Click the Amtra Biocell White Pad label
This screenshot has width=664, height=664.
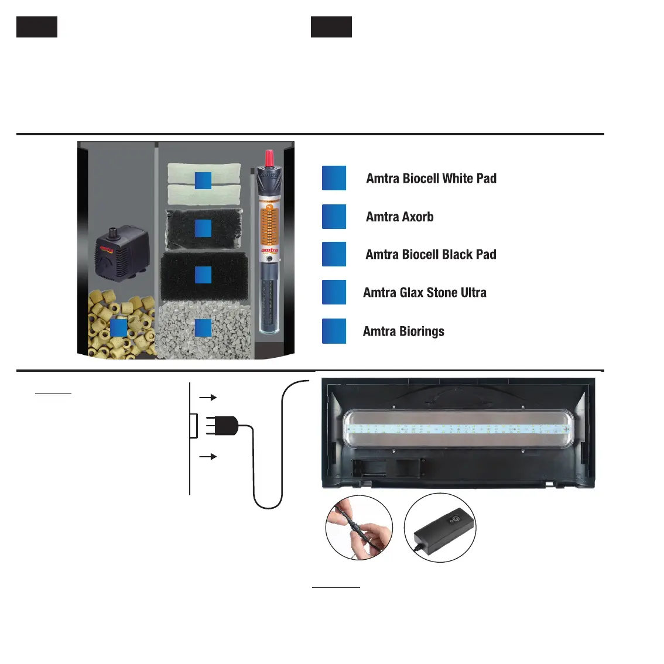point(431,179)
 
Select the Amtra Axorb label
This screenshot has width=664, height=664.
point(399,217)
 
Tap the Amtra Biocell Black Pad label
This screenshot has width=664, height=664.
point(430,255)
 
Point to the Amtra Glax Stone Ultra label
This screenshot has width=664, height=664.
point(425,293)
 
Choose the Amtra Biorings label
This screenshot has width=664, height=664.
point(403,331)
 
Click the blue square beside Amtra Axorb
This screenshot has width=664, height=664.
point(334,217)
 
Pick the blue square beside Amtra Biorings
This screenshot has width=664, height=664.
point(334,331)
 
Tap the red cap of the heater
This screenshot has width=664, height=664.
point(269,158)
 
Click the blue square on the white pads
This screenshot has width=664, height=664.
point(203,181)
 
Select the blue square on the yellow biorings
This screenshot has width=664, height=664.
point(119,328)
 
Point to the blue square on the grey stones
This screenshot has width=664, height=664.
point(203,328)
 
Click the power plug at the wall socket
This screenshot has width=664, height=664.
point(225,426)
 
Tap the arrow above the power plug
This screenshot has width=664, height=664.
point(208,398)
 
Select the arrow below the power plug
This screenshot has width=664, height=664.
point(208,456)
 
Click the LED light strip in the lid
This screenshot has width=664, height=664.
point(457,429)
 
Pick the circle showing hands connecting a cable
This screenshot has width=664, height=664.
point(359,527)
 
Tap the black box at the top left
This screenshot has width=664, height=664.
point(37,27)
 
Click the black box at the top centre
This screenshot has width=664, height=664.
point(331,27)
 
